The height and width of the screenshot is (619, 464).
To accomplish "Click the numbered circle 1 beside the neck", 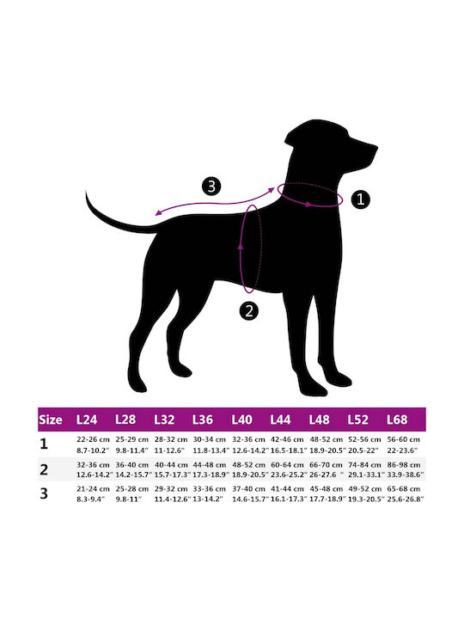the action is click(x=360, y=199).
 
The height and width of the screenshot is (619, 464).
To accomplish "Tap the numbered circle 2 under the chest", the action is click(x=249, y=311).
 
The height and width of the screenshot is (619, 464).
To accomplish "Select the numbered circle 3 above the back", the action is click(x=211, y=186).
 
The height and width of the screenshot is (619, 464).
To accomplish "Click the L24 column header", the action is click(x=87, y=420).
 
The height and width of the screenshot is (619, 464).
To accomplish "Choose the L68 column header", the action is click(x=397, y=420).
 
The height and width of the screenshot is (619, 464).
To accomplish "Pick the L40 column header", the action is click(x=241, y=420).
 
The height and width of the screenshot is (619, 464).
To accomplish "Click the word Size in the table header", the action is click(x=51, y=420).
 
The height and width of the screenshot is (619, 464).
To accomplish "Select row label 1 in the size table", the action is click(x=44, y=444).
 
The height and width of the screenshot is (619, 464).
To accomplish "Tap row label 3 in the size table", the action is click(x=44, y=493).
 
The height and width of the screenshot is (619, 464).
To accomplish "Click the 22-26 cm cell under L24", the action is click(x=93, y=439).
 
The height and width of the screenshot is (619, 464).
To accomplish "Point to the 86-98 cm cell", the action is click(x=404, y=464).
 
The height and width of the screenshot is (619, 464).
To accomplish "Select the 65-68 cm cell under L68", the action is click(x=404, y=488).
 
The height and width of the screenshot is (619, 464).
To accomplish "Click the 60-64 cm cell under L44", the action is click(x=287, y=464).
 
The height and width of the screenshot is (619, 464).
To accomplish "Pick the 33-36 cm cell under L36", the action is click(x=210, y=488).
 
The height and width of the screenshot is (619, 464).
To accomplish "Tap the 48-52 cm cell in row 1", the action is click(x=326, y=439).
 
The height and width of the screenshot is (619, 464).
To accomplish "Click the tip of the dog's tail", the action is click(x=86, y=192).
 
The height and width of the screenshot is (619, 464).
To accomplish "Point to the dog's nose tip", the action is click(x=377, y=148).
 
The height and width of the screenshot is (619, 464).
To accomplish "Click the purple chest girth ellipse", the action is click(x=241, y=248).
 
